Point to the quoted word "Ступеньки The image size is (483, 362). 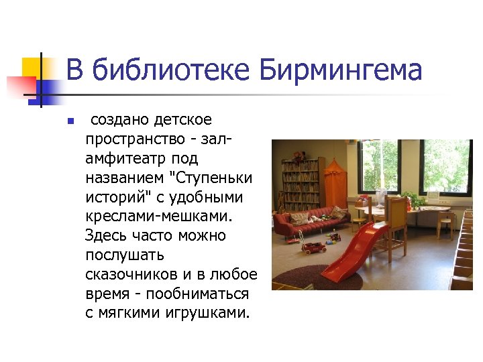[212, 178]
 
